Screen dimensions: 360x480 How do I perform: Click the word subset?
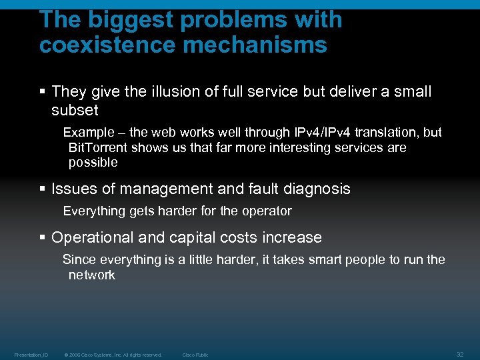(75, 110)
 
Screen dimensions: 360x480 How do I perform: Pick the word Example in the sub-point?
(89, 133)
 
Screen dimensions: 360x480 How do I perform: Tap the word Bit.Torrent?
(98, 147)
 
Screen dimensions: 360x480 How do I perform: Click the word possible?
(93, 162)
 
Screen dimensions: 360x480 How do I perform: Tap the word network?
(91, 275)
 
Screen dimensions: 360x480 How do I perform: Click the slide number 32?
(460, 354)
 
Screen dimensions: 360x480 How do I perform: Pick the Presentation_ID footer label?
(31, 355)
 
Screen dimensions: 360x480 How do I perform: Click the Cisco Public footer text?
(195, 355)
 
